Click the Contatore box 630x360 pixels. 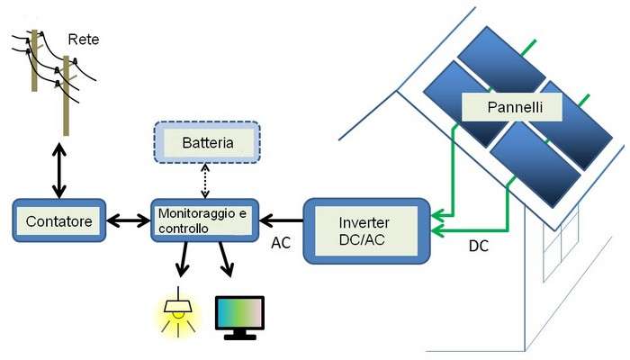coord(56,220)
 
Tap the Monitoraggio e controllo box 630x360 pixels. coord(204,221)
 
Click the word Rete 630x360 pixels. coord(84,40)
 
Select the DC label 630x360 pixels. coord(479,246)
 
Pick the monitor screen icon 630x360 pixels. coord(240,315)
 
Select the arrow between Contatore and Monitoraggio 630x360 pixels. coord(126,219)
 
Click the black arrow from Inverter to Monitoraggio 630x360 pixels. coord(281,218)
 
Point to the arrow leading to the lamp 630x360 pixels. coord(184,261)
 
